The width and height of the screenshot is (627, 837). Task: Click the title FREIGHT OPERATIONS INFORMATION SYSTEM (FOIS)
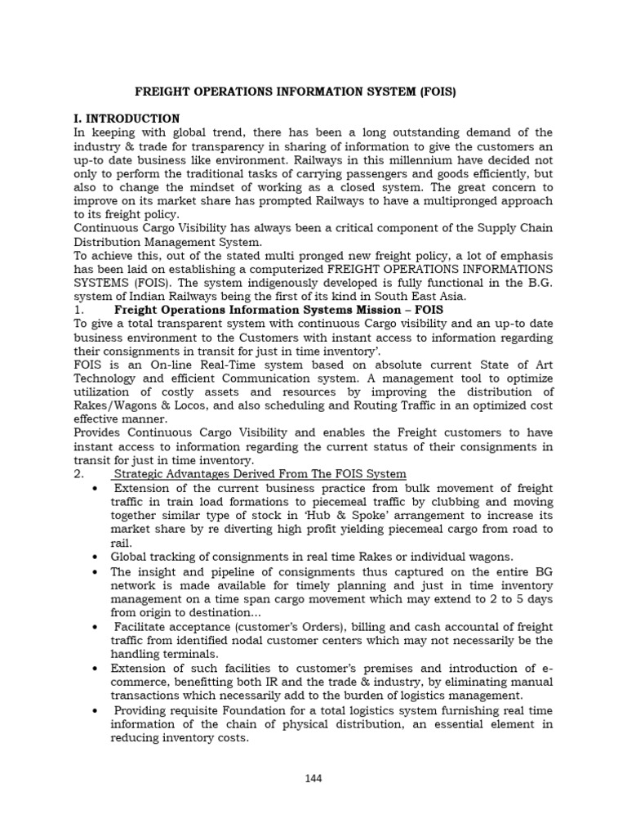pyautogui.click(x=295, y=92)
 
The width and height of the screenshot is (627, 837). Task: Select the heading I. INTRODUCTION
pyautogui.click(x=127, y=119)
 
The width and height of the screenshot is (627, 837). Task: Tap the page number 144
pyautogui.click(x=313, y=778)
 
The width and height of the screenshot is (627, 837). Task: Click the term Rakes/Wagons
pyautogui.click(x=115, y=405)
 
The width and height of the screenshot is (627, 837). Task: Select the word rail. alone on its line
pyautogui.click(x=121, y=543)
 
